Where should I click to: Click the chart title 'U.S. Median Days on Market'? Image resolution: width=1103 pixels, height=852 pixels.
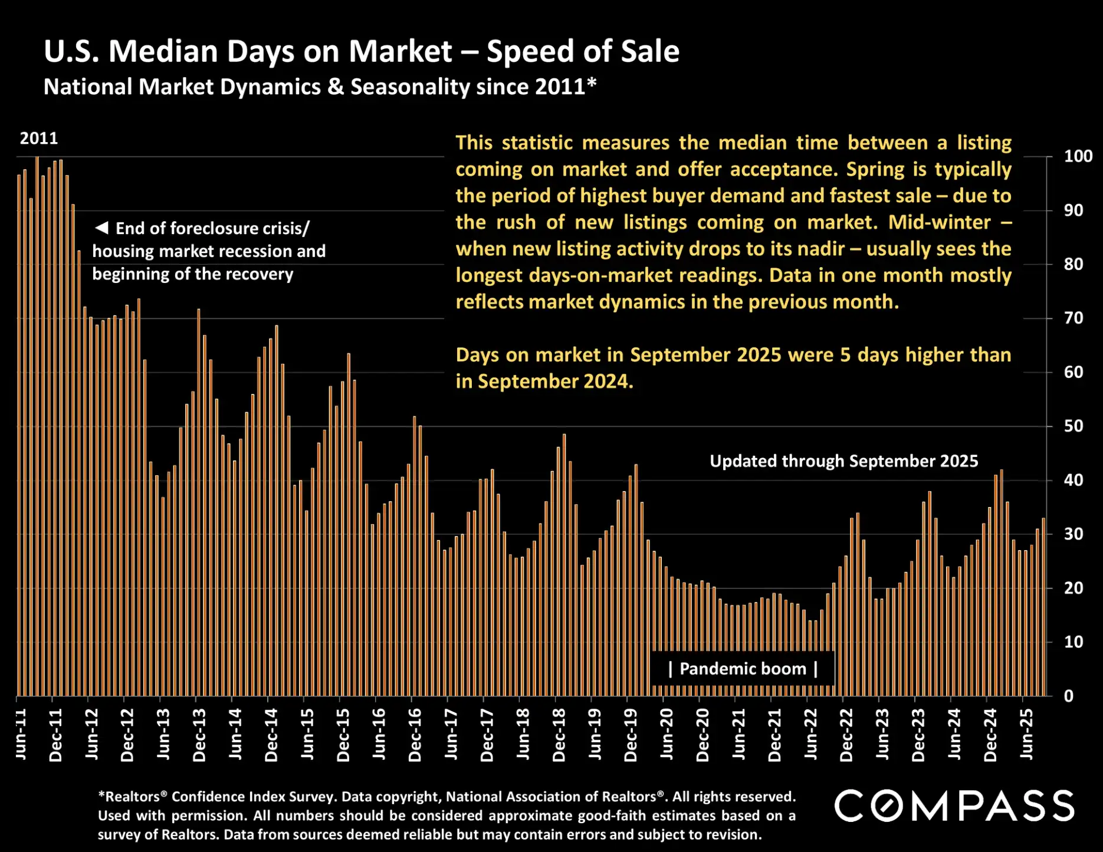pyautogui.click(x=248, y=51)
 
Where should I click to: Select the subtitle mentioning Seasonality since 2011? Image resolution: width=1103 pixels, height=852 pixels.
pyautogui.click(x=320, y=87)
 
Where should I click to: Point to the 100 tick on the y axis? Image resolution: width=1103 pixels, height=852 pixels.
pyautogui.click(x=1078, y=156)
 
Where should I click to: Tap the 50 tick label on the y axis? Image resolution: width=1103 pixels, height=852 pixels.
pyautogui.click(x=1073, y=426)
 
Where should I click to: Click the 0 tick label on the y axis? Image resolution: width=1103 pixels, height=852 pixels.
pyautogui.click(x=1068, y=696)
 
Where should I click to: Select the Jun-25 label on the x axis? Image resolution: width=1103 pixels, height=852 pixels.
pyautogui.click(x=1026, y=734)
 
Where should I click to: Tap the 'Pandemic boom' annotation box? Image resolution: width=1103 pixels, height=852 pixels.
pyautogui.click(x=743, y=669)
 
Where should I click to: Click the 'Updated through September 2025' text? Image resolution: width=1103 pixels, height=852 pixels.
pyautogui.click(x=843, y=461)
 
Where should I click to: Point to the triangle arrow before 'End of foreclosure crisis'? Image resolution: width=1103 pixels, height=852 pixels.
pyautogui.click(x=101, y=228)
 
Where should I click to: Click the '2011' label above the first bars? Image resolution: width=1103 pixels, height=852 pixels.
pyautogui.click(x=39, y=139)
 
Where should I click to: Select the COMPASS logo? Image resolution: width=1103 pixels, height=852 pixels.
pyautogui.click(x=954, y=805)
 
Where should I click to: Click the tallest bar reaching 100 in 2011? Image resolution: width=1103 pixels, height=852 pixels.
pyautogui.click(x=37, y=425)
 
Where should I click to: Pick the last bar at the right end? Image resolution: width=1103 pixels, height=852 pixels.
pyautogui.click(x=1043, y=607)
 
